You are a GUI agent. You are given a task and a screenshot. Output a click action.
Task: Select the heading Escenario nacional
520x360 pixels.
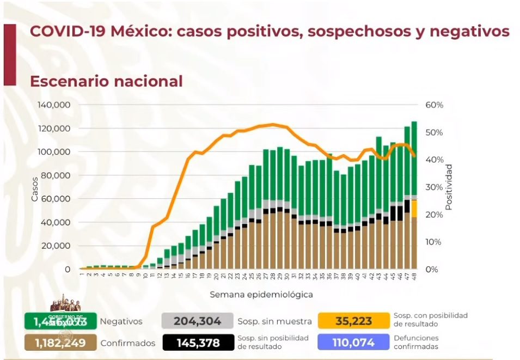[106, 81]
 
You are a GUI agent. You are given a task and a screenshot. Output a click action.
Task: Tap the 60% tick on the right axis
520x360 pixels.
[435, 105]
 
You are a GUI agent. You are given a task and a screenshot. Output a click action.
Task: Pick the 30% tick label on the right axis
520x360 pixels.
[435, 187]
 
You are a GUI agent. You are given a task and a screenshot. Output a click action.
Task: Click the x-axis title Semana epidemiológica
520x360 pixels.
[261, 294]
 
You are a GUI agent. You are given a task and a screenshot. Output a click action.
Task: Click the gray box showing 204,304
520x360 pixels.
[197, 321]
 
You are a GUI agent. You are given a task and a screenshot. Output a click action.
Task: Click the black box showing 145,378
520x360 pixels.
[197, 343]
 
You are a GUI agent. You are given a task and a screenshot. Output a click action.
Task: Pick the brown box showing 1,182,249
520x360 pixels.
[60, 343]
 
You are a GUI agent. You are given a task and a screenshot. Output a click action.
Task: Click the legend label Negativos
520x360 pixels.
[121, 321]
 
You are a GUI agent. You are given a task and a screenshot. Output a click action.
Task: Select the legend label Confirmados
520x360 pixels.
[127, 343]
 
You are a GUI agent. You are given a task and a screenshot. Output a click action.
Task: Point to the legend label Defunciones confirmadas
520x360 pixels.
[416, 343]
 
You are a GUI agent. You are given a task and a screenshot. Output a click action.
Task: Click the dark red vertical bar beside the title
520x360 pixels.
[10, 54]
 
